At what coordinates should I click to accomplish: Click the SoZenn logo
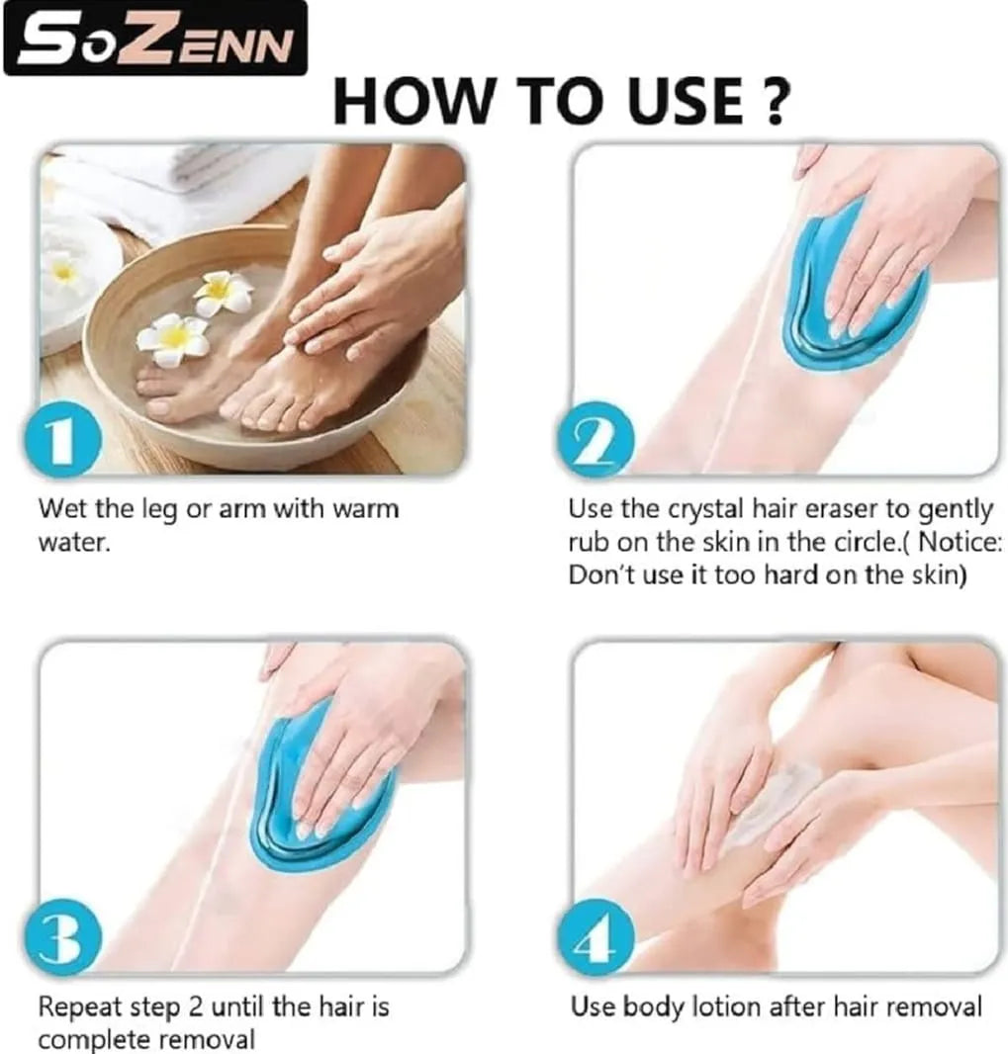155,39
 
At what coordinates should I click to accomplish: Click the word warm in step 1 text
365,510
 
